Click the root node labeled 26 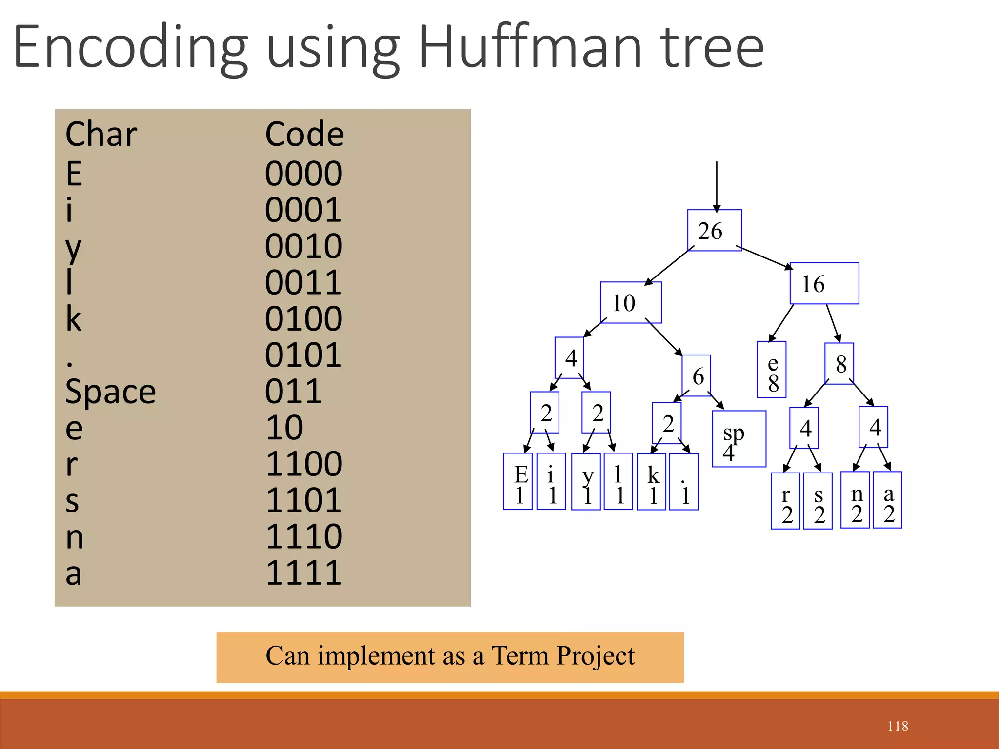(714, 231)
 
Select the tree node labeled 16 (824, 284)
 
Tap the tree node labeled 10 (630, 303)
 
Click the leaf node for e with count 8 (772, 370)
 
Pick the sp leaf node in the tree (739, 439)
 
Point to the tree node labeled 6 (697, 376)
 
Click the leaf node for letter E (518, 482)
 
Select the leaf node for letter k (652, 482)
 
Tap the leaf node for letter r (785, 501)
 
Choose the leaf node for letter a (887, 500)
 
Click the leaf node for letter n (856, 500)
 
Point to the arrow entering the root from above (717, 185)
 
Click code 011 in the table (293, 391)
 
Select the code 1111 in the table (303, 572)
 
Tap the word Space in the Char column (111, 392)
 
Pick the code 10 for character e (284, 428)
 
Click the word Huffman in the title (530, 47)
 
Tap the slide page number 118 (898, 727)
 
